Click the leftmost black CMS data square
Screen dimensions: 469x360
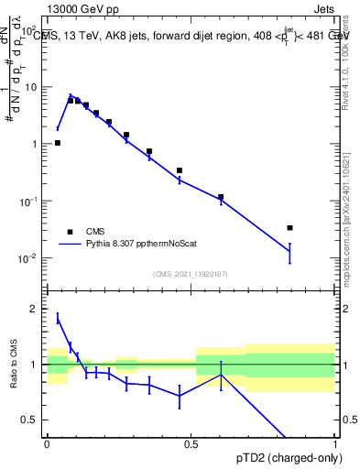[x=57, y=143]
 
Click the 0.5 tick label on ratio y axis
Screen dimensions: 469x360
[x=33, y=420]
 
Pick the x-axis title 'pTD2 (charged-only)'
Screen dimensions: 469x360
[x=289, y=459]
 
